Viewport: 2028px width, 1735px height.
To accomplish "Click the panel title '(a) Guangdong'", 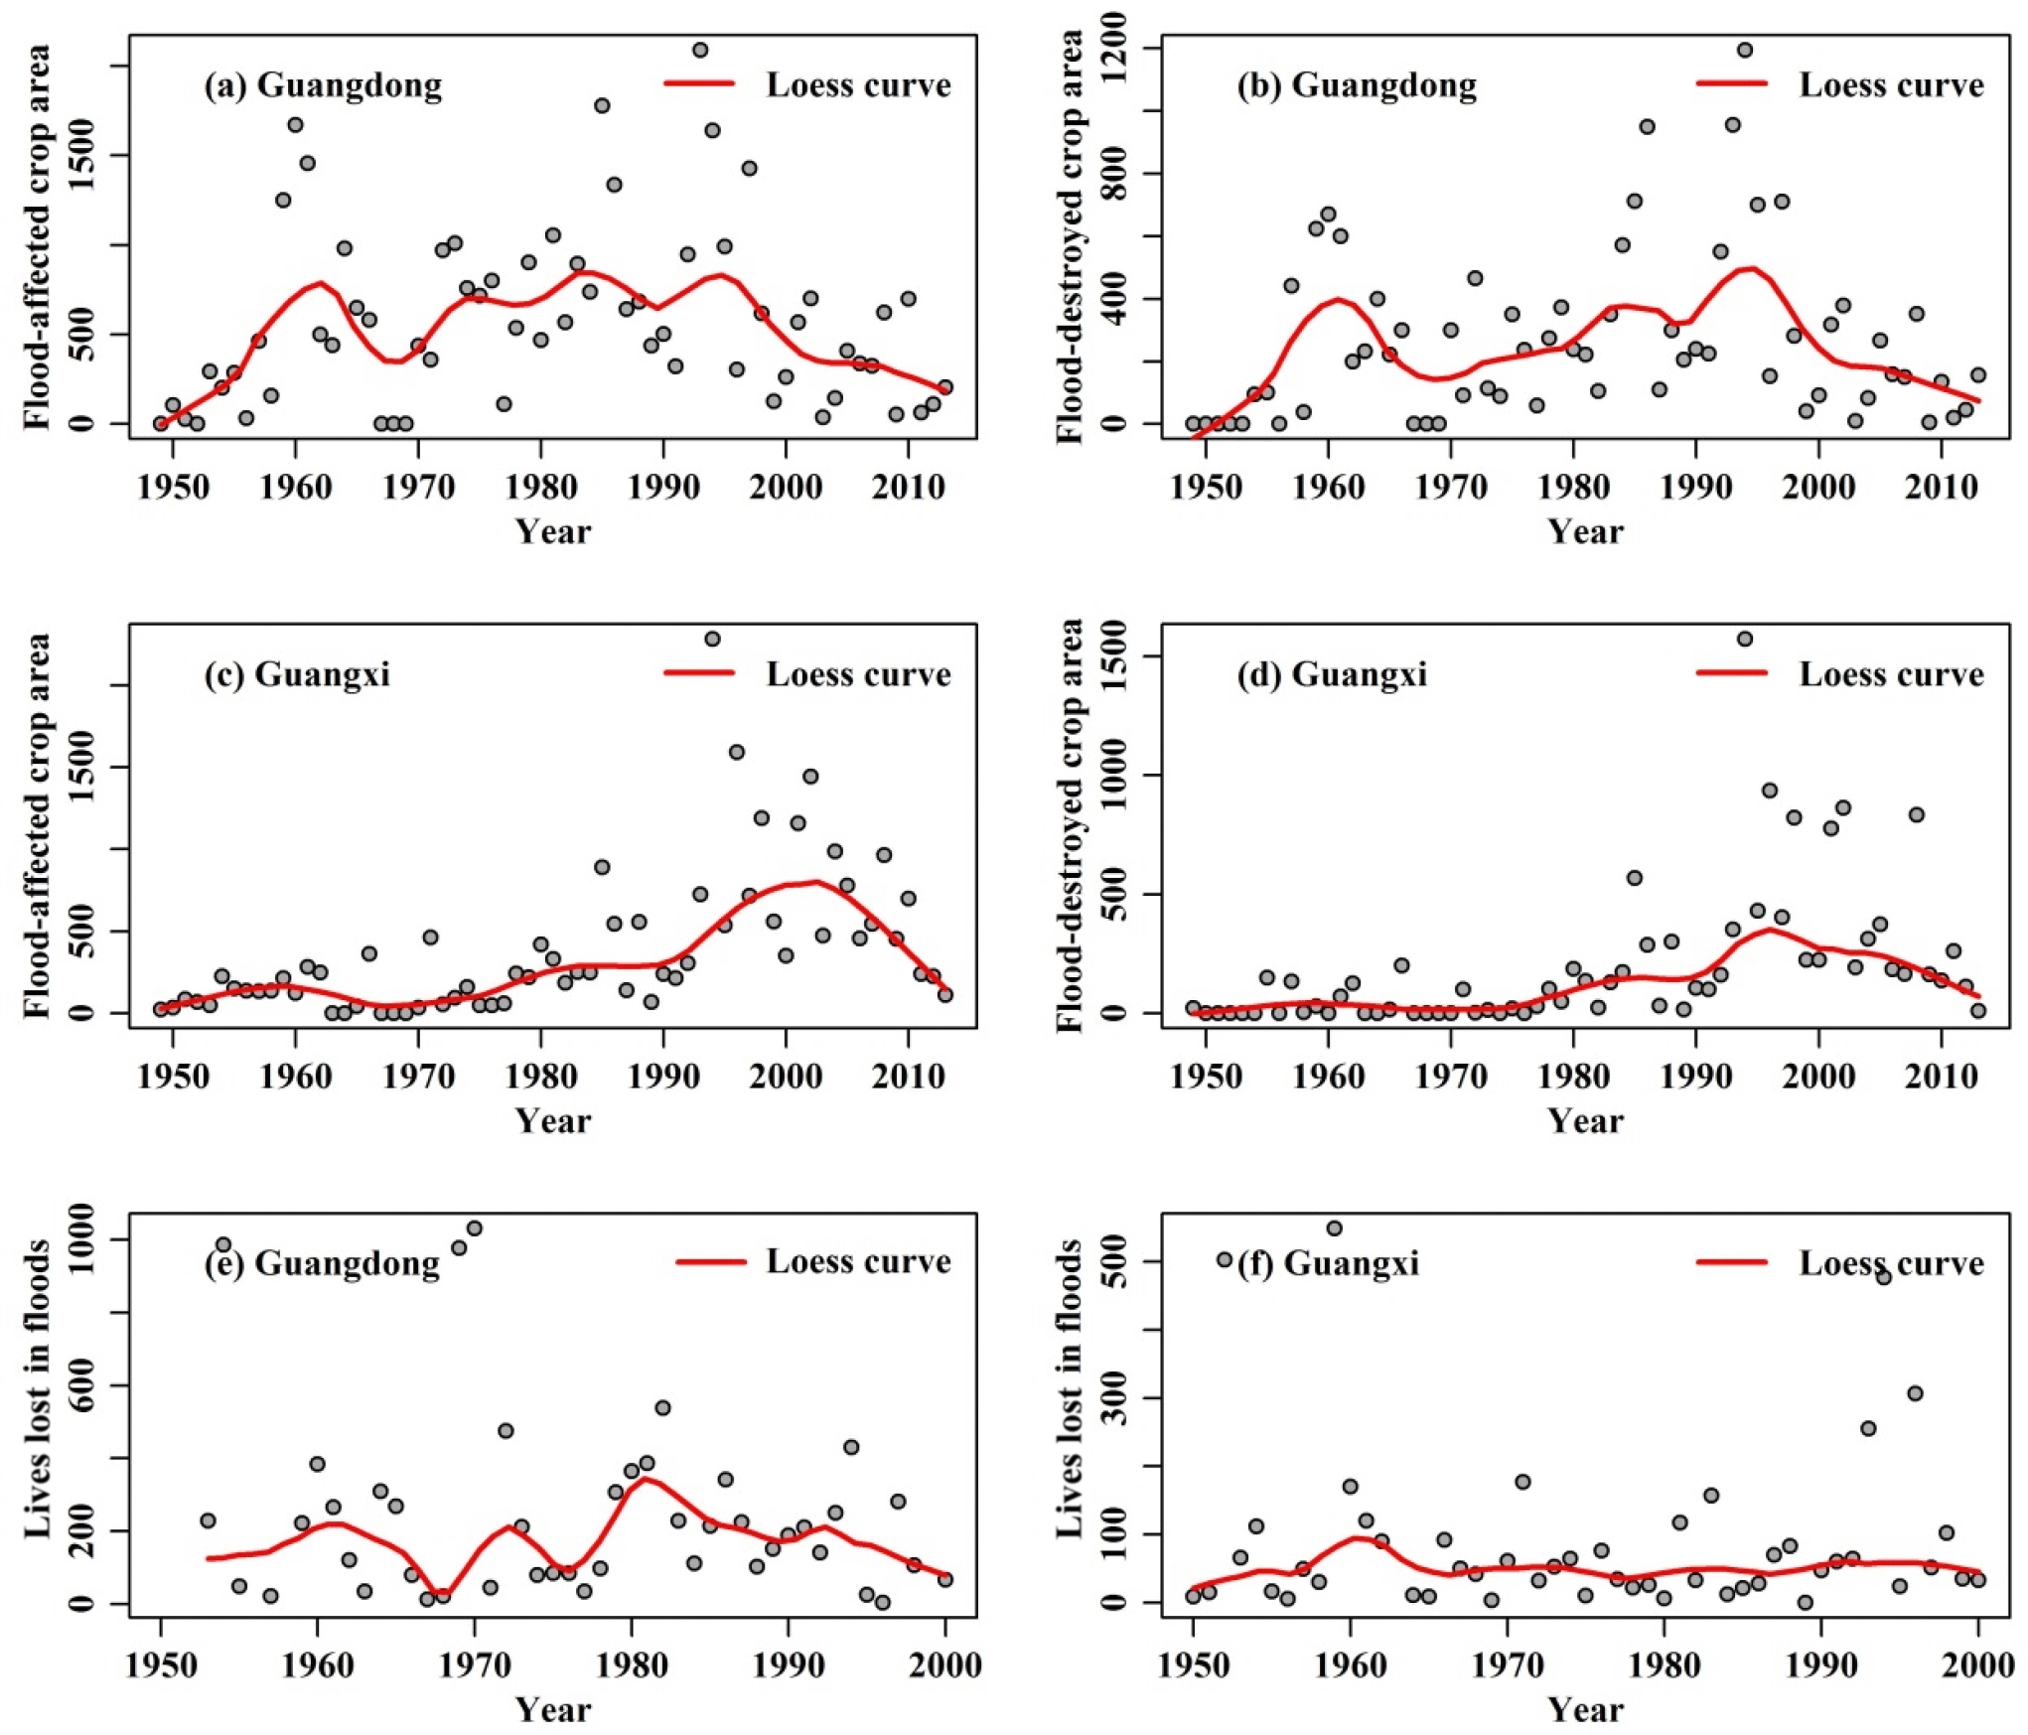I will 323,85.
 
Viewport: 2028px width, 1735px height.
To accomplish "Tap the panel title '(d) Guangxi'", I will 1332,675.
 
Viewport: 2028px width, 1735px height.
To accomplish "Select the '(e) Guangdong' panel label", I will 322,1263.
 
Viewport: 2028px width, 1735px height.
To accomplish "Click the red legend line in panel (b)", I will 1732,83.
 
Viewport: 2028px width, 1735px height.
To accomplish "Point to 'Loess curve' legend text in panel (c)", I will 858,675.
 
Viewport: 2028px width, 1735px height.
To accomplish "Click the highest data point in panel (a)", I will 700,50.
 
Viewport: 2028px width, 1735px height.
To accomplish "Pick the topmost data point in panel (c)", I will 712,639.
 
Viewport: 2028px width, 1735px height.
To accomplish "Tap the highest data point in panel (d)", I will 1745,639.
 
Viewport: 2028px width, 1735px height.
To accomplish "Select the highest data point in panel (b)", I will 1745,50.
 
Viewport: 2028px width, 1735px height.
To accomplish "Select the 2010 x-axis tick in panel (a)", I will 908,488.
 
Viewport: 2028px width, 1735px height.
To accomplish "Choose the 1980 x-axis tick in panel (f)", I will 1665,1665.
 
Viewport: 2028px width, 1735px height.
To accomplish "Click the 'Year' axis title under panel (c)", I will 553,1121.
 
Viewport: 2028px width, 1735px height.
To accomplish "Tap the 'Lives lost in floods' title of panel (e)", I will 38,1389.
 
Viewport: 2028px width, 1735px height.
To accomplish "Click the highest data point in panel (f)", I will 1334,1229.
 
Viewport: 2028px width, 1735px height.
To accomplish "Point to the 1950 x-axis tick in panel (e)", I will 161,1665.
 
